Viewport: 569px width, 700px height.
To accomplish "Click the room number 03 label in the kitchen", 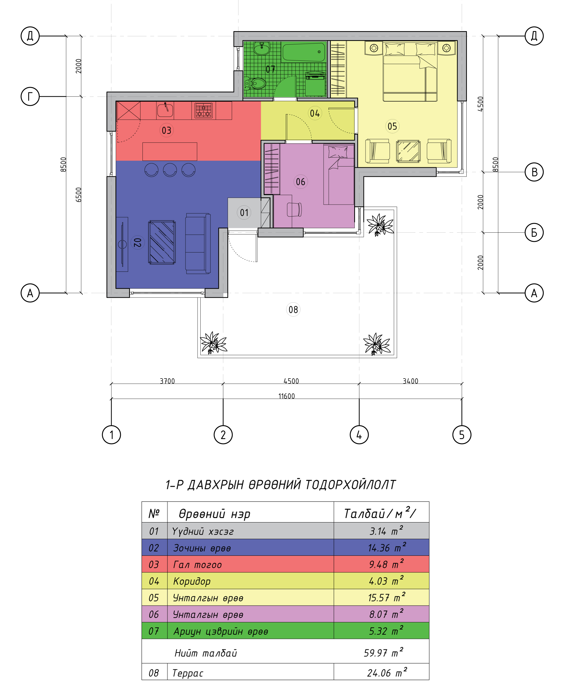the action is point(166,130).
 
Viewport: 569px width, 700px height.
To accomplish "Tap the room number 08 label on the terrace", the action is point(293,310).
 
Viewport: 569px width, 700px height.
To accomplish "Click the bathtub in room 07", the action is point(304,52).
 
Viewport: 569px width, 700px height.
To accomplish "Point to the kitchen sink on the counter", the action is point(165,110).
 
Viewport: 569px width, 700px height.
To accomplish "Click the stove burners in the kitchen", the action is point(203,110).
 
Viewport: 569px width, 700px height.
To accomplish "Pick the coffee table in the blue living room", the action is point(162,242).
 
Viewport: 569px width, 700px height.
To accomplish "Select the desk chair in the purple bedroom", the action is point(294,210).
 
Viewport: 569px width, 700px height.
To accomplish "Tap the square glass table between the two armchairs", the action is point(408,151).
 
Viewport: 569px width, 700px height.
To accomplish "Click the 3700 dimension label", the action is point(167,381).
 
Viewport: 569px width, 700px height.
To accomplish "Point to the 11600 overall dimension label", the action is point(287,396).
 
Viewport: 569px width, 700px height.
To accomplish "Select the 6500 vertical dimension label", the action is point(78,195).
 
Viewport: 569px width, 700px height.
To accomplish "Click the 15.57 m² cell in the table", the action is point(386,597).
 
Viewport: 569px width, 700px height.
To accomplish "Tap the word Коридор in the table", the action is point(192,581).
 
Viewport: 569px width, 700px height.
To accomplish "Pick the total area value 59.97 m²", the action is point(384,652).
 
